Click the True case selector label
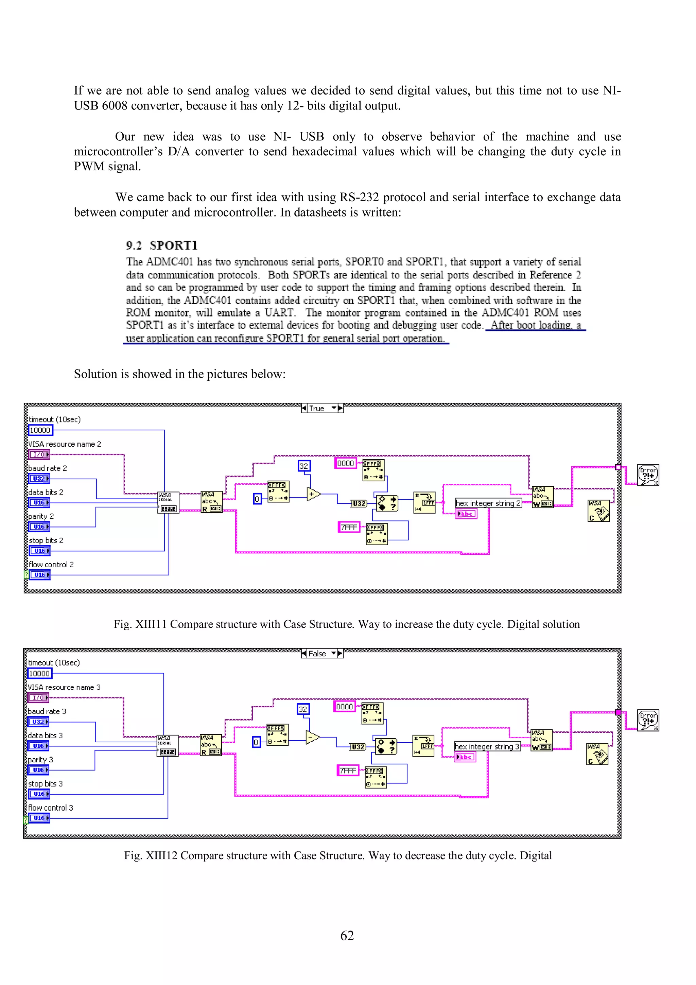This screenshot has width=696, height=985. coord(317,409)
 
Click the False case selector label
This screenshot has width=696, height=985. coord(317,653)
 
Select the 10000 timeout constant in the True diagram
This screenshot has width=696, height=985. coord(40,430)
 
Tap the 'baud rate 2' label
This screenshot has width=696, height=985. coord(48,468)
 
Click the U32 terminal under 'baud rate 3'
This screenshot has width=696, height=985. coord(38,722)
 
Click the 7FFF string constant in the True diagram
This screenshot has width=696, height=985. coord(349,527)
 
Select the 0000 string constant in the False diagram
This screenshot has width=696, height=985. coord(344,707)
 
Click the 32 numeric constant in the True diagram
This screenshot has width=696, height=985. coord(303,466)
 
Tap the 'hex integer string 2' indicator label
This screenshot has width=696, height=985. coord(488,503)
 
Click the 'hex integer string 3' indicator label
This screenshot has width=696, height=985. coord(487,746)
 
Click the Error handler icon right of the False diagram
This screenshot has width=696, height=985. coord(647,720)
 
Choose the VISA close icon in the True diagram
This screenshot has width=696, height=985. coord(598,511)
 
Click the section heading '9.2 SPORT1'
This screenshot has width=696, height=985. coord(162,245)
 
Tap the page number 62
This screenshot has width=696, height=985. coord(347,935)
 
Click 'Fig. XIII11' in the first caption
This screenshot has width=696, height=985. coord(140,624)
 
